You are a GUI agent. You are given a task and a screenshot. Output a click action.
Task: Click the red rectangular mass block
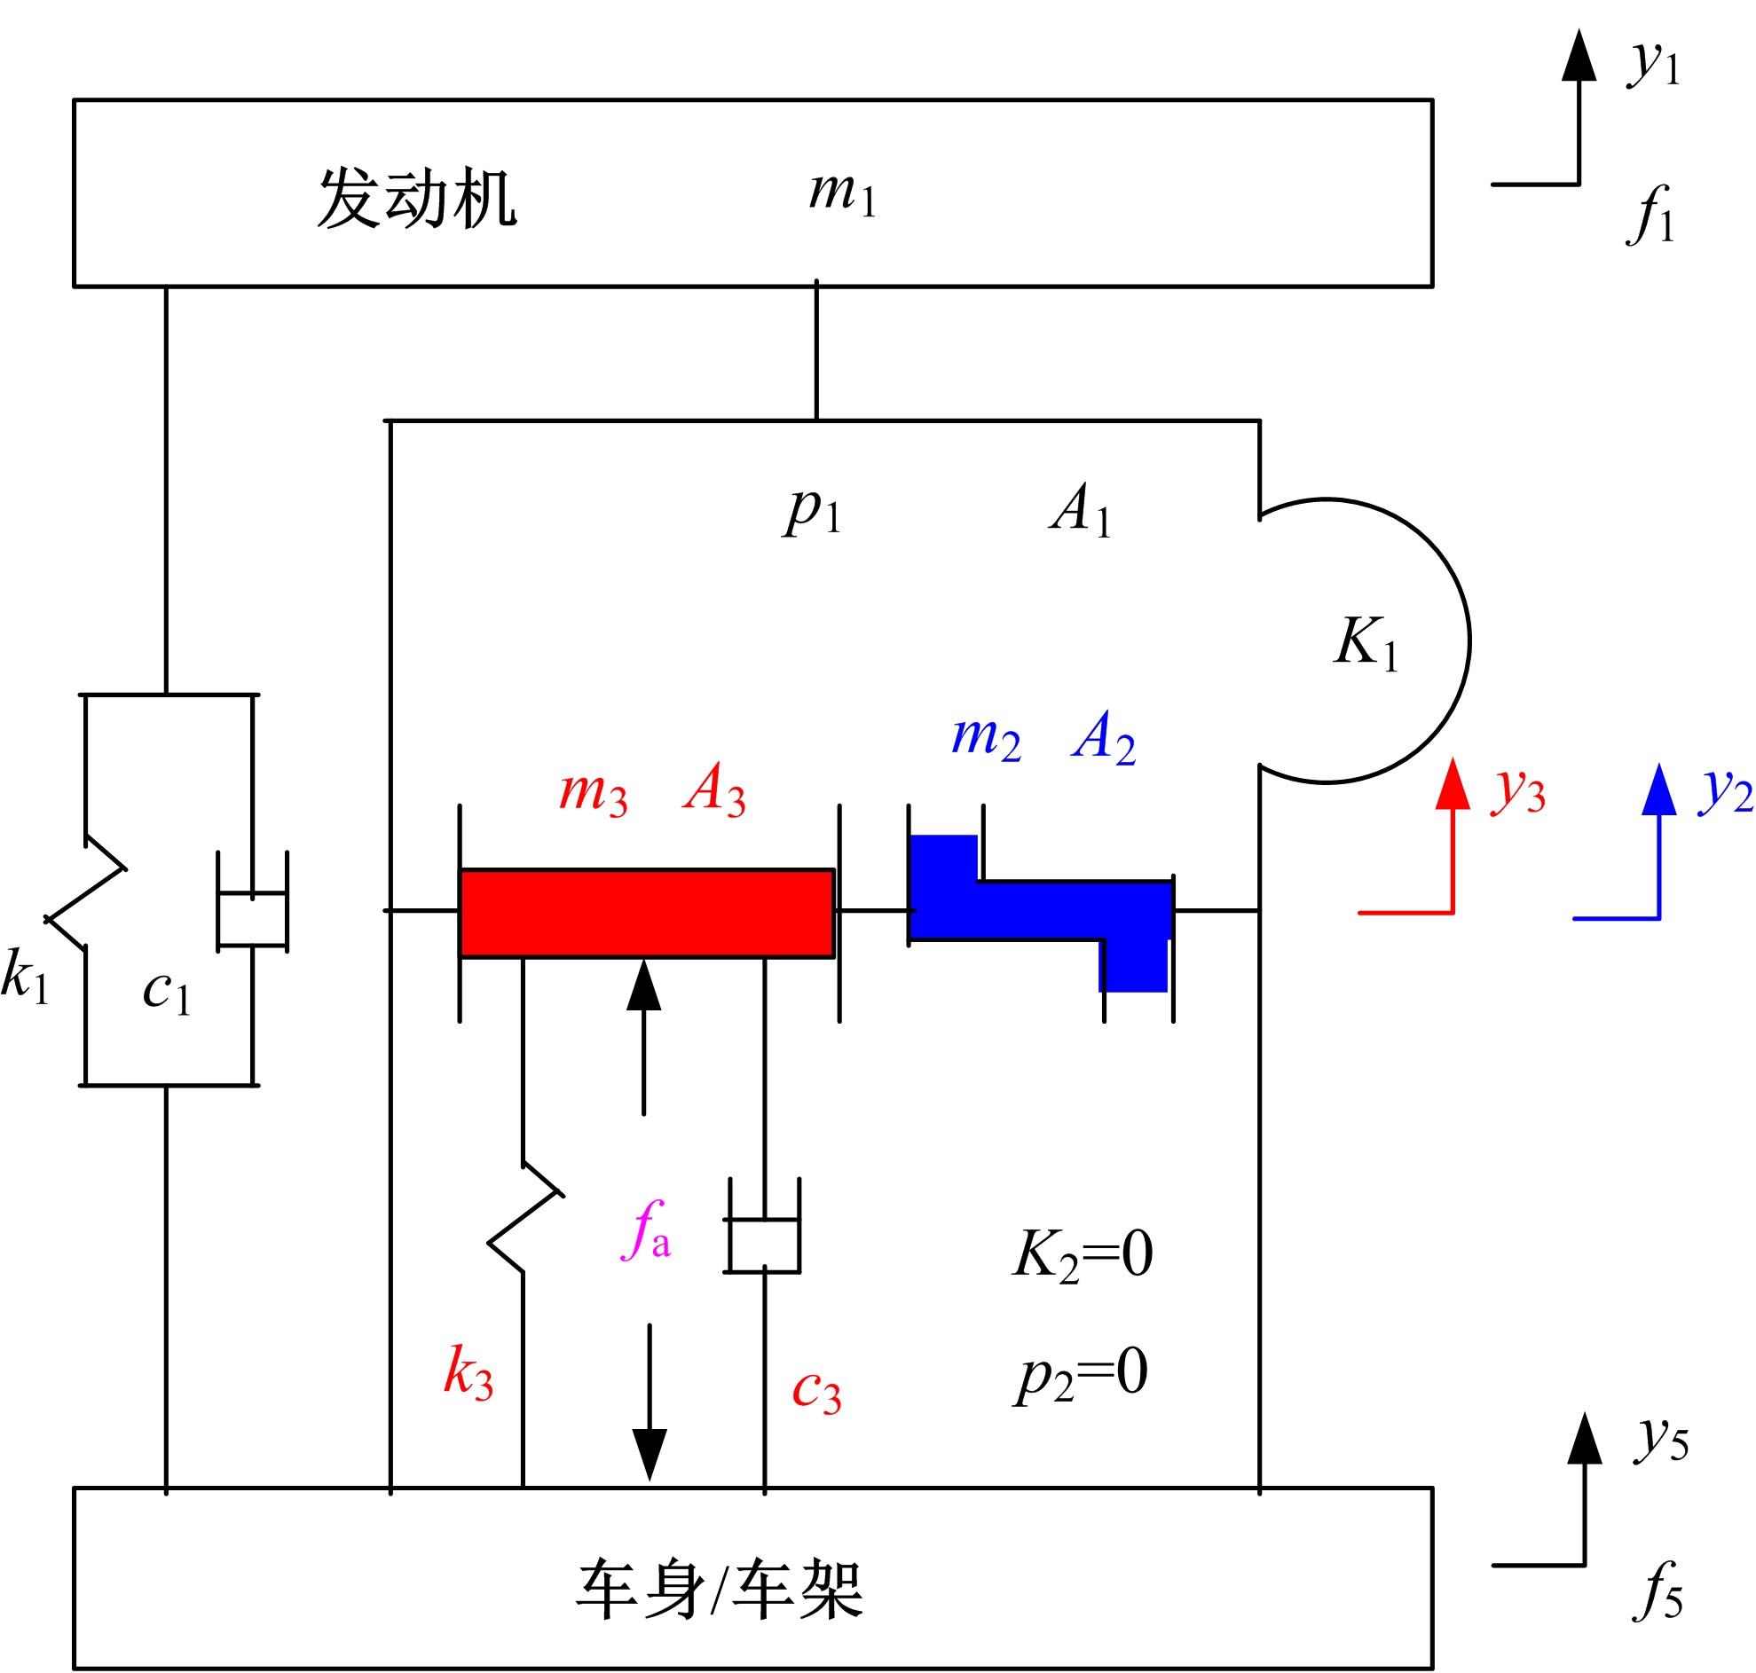click(x=647, y=912)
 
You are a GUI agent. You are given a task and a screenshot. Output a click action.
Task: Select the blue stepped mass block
click(x=1039, y=909)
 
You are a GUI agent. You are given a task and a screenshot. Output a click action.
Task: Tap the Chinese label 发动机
click(x=416, y=198)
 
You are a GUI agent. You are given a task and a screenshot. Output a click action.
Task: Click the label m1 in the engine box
click(x=842, y=193)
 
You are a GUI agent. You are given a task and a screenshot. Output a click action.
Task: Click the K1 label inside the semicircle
click(x=1365, y=642)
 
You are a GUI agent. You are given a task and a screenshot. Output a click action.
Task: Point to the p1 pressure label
click(x=813, y=511)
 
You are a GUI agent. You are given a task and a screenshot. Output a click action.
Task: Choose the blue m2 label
click(x=986, y=738)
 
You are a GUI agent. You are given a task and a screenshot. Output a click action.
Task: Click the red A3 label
click(x=713, y=791)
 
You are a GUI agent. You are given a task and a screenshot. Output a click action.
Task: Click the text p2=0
click(x=1081, y=1374)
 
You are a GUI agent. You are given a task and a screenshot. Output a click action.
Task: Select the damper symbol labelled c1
click(x=252, y=900)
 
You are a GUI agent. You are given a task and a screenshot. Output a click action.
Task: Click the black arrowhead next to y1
click(x=1579, y=56)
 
